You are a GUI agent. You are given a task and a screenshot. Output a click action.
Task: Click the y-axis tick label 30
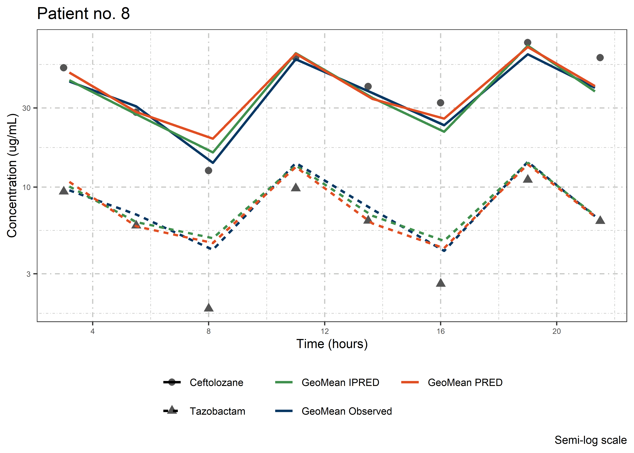tap(26, 108)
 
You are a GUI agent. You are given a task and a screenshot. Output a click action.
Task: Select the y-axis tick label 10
tap(26, 187)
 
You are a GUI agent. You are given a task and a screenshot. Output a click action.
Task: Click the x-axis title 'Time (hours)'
tap(332, 344)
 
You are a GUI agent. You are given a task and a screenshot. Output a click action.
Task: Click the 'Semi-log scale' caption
tap(591, 440)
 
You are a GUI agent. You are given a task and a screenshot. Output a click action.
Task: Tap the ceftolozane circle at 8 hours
tap(209, 170)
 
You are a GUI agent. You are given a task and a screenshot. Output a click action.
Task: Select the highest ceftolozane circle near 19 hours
tap(527, 43)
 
